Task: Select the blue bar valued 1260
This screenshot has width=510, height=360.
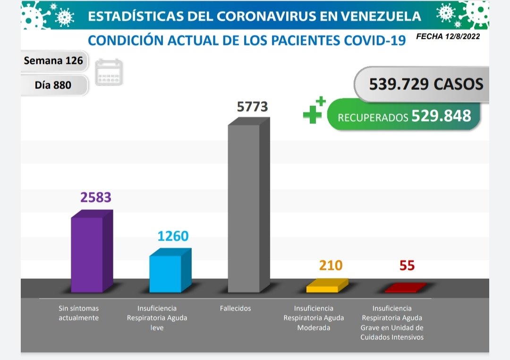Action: [165, 274]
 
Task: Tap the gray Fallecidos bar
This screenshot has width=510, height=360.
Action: [244, 208]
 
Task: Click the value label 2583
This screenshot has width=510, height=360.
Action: [95, 197]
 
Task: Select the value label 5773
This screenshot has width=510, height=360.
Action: [252, 107]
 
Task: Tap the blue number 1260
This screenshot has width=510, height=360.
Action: [173, 236]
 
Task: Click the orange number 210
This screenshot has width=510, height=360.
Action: [331, 266]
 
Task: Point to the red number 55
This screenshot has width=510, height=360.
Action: [407, 266]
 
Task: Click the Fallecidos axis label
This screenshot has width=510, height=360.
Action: [235, 309]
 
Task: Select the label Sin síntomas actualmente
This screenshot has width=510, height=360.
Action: [78, 313]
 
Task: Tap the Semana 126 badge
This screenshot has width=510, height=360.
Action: [53, 60]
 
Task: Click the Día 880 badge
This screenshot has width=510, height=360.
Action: [53, 85]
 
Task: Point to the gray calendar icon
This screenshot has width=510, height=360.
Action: [109, 72]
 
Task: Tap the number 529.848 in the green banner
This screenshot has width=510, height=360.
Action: [441, 116]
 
